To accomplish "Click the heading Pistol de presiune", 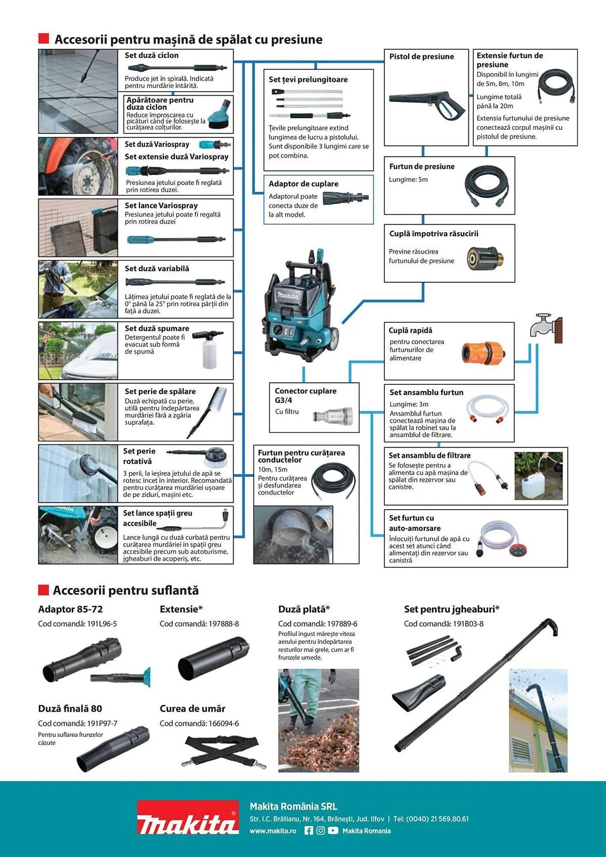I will click(x=421, y=57).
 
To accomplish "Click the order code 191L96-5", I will click(x=102, y=624).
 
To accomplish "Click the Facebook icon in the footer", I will click(x=309, y=830).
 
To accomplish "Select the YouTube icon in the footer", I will click(x=333, y=830).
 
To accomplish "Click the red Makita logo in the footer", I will click(x=188, y=817).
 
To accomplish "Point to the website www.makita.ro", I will click(x=273, y=831).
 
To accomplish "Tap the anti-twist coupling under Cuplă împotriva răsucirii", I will click(x=485, y=258).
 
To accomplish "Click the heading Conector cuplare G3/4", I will click(x=305, y=395).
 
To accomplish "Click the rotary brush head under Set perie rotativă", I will click(x=216, y=457).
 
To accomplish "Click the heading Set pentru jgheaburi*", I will click(x=451, y=609).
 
